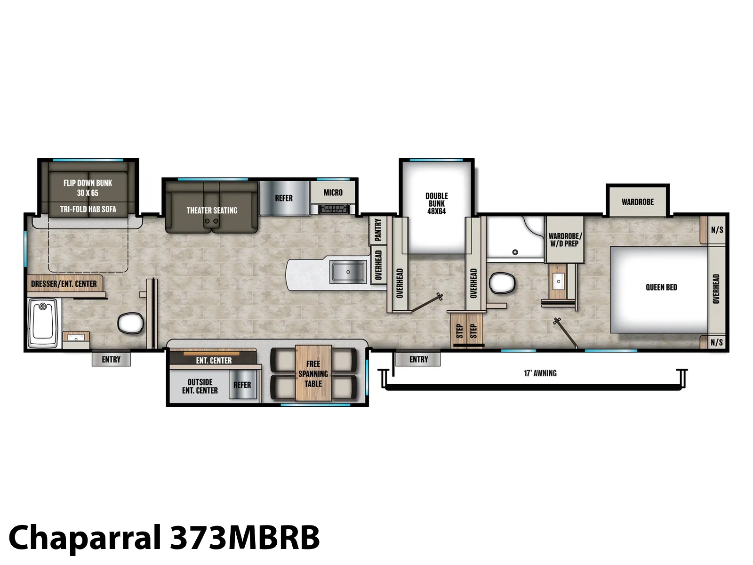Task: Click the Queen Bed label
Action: [661, 287]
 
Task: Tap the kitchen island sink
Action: [348, 272]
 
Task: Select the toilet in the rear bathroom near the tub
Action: [131, 323]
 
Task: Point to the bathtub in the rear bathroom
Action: [43, 323]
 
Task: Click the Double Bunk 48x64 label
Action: [436, 203]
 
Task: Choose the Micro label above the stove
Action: [333, 193]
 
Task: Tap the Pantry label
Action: [378, 230]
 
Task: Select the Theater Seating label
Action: [212, 210]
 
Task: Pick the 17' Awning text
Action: [540, 373]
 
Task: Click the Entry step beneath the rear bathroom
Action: [111, 359]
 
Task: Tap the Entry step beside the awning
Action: [418, 359]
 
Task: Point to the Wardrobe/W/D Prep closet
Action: [564, 240]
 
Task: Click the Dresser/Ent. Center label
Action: [64, 284]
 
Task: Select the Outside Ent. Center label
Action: [200, 386]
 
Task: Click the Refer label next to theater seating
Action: [284, 198]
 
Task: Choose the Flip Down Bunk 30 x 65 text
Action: [88, 188]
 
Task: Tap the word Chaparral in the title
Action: [85, 538]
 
